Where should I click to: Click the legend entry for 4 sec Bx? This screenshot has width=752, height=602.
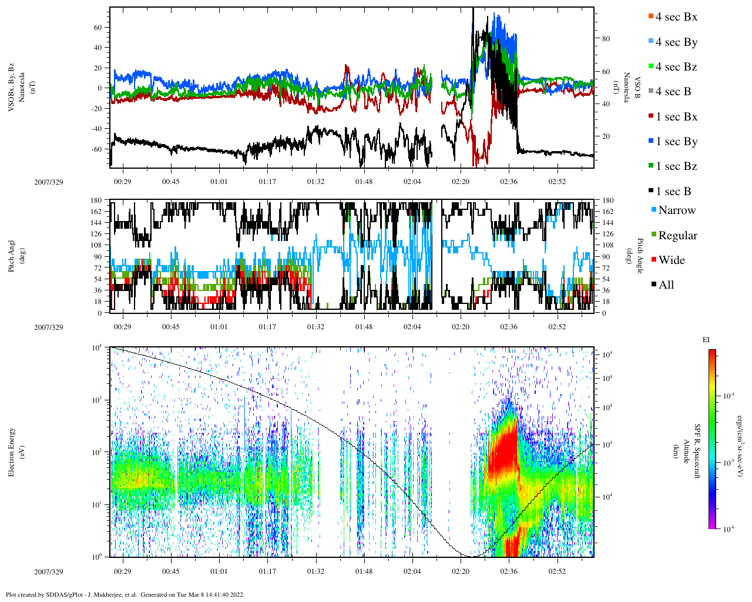676,17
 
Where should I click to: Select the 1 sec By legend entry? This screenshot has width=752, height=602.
676,142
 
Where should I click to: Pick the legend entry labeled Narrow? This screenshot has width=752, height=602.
676,210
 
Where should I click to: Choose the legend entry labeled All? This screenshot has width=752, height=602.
666,285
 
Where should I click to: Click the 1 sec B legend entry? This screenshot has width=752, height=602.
673,192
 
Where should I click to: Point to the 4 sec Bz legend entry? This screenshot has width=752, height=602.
676,67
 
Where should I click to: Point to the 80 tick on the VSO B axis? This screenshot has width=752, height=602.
606,39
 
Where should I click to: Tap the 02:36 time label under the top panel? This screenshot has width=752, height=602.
509,182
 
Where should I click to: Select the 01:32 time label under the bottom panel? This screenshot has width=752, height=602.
315,571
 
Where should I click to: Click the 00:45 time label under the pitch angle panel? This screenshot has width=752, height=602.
171,327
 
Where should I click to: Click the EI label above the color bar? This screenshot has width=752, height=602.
706,340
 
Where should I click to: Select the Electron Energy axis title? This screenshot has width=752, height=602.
12,451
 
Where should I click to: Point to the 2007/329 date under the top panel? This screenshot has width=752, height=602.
48,182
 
